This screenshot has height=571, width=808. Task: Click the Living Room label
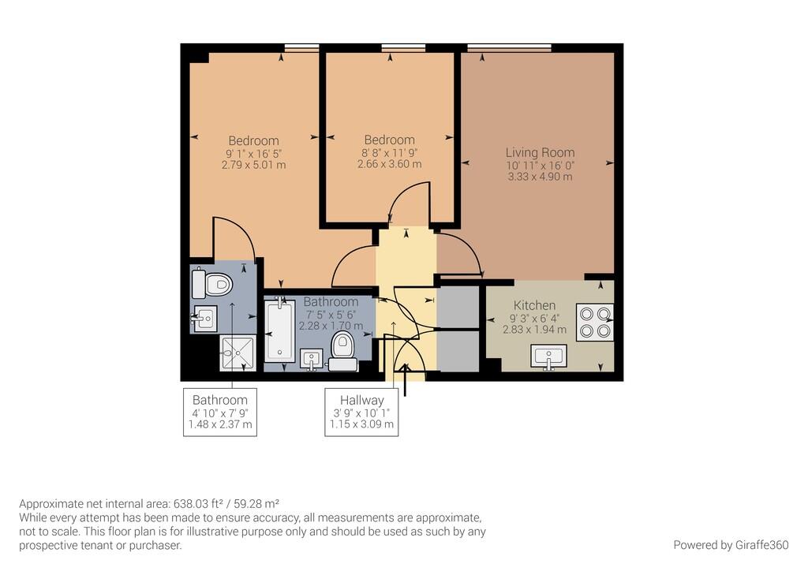point(540,152)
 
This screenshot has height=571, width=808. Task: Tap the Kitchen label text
point(534,305)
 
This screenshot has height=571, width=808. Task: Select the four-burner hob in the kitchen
point(595,321)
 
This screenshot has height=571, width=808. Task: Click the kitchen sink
point(550,356)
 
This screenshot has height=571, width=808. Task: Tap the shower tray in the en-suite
point(237,353)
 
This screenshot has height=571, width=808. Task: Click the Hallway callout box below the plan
point(361,412)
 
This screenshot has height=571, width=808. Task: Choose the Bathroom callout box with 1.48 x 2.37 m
point(220,412)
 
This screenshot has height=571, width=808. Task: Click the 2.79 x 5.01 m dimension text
point(253,166)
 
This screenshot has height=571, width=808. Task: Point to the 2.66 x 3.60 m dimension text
point(389,164)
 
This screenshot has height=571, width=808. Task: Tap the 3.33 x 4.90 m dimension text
point(540,177)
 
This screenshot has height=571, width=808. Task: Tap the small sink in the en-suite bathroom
point(204,319)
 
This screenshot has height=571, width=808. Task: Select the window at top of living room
point(509,48)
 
